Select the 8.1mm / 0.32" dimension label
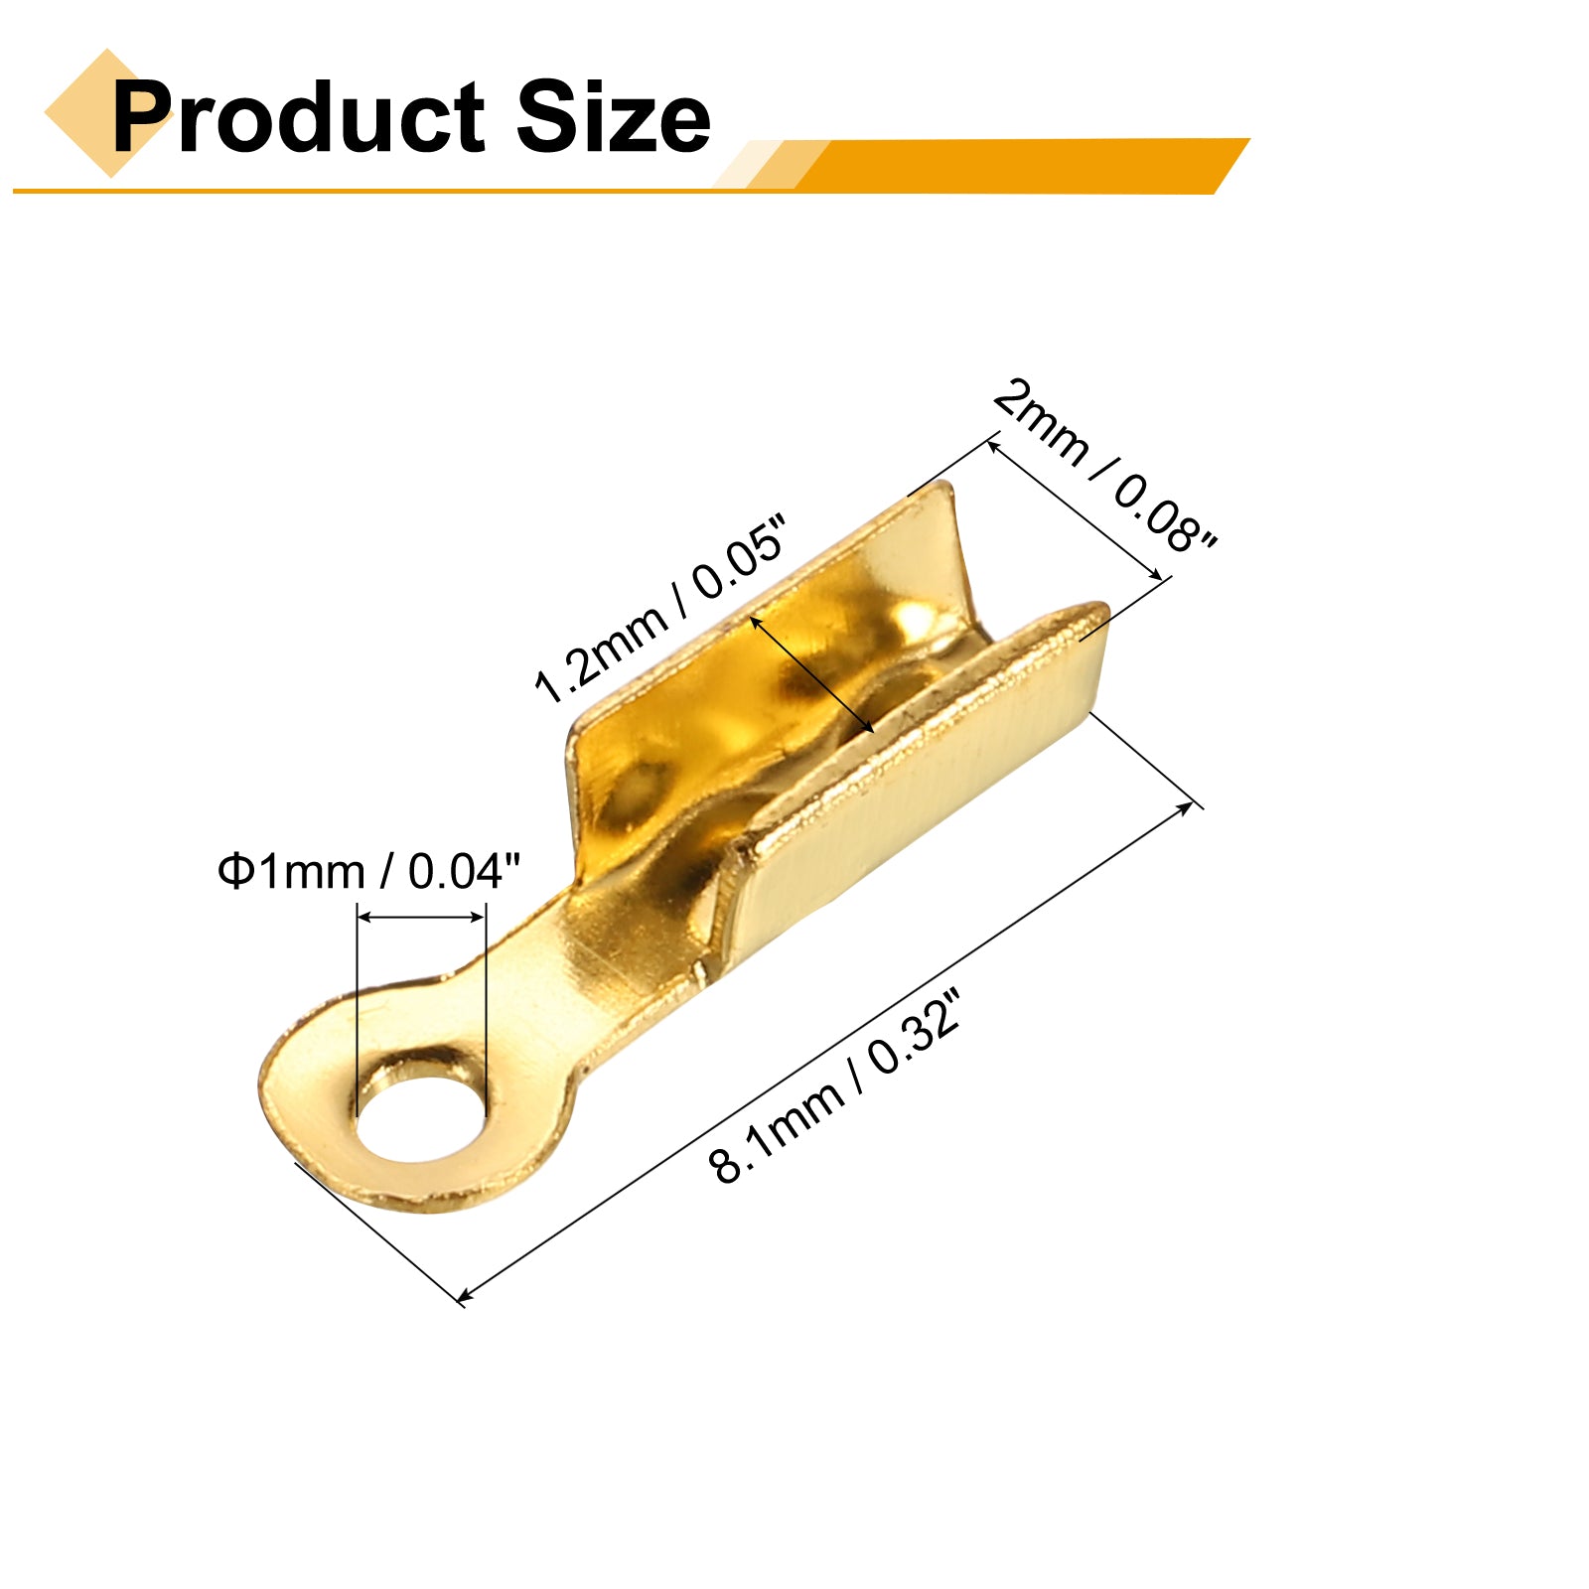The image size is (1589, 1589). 836,1086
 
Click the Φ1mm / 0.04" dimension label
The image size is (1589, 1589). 368,871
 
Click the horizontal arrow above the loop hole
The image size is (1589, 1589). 421,917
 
